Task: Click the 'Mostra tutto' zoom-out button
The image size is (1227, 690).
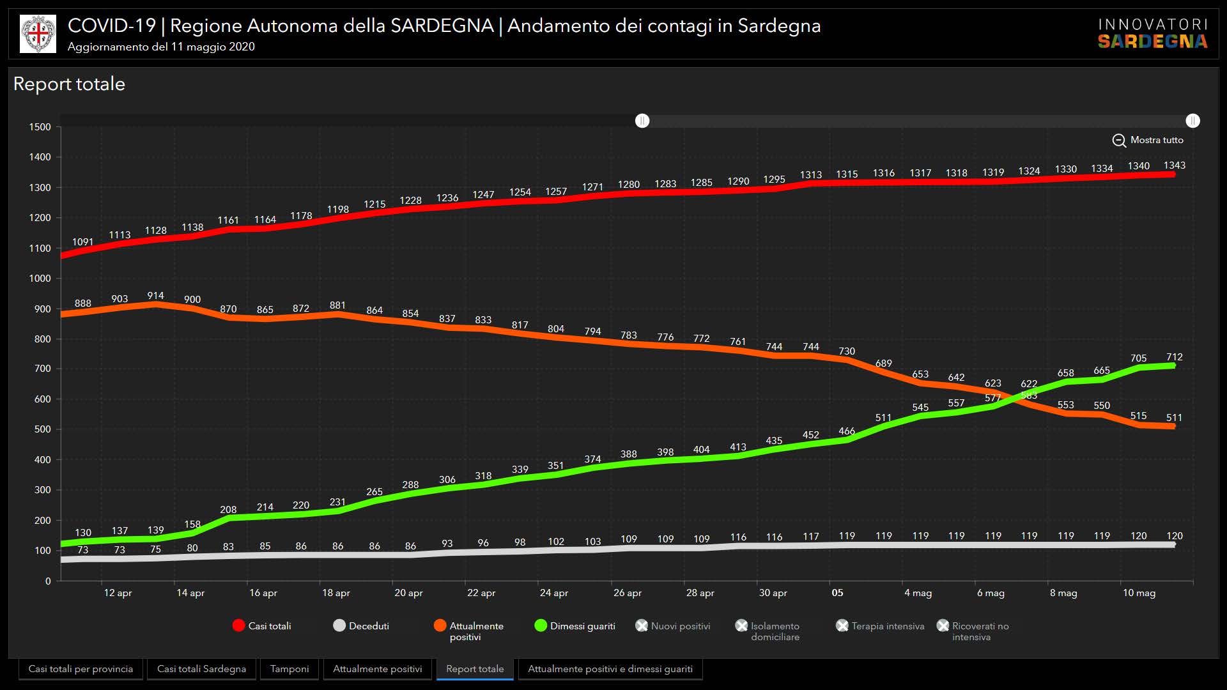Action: (x=1148, y=140)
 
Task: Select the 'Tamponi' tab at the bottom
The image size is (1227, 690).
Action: (x=289, y=669)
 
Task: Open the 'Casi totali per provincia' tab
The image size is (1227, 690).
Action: (x=81, y=669)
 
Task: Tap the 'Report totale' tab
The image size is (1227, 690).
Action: (x=475, y=669)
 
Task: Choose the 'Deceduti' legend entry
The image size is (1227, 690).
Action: (x=361, y=626)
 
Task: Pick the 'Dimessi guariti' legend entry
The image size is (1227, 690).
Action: (x=575, y=626)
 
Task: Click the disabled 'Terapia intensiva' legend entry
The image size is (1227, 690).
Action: (x=880, y=626)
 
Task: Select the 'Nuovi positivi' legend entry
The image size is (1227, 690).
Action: (x=673, y=626)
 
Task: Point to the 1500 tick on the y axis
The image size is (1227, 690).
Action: (x=40, y=127)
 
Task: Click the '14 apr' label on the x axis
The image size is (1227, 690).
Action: (x=190, y=593)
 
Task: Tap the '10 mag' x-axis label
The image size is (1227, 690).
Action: (x=1139, y=593)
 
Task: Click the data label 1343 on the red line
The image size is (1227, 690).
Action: (x=1174, y=165)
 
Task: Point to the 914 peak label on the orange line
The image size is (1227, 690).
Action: (x=155, y=296)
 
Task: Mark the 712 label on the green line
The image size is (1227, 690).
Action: (x=1174, y=357)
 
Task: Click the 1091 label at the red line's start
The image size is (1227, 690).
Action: (x=82, y=242)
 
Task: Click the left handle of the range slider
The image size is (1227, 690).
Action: (x=642, y=121)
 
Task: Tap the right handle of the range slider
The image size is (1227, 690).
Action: (x=1192, y=121)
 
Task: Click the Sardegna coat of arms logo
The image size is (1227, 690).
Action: (x=38, y=34)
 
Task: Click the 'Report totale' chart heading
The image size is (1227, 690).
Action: (x=69, y=84)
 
